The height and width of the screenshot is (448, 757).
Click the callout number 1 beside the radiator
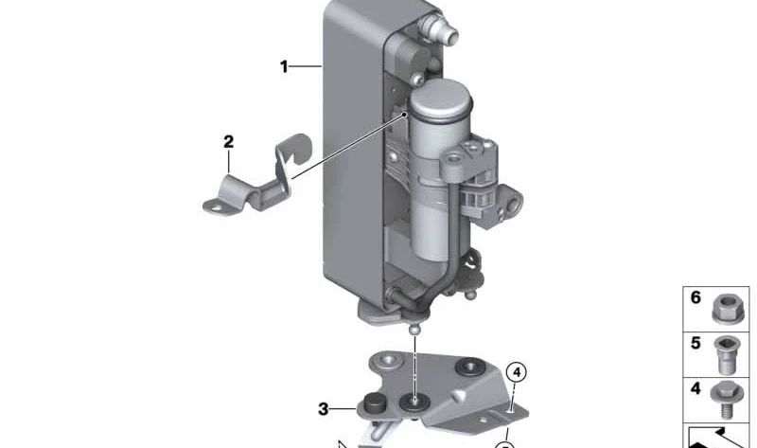point(284,66)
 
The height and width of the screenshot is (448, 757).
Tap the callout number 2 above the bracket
point(228,142)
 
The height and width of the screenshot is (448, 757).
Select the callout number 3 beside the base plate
point(323,409)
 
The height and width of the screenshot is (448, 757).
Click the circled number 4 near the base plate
point(517,372)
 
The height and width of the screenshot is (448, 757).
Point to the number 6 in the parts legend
point(695,297)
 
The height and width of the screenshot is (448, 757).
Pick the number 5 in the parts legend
point(695,343)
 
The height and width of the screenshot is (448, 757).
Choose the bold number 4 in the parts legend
point(695,388)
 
